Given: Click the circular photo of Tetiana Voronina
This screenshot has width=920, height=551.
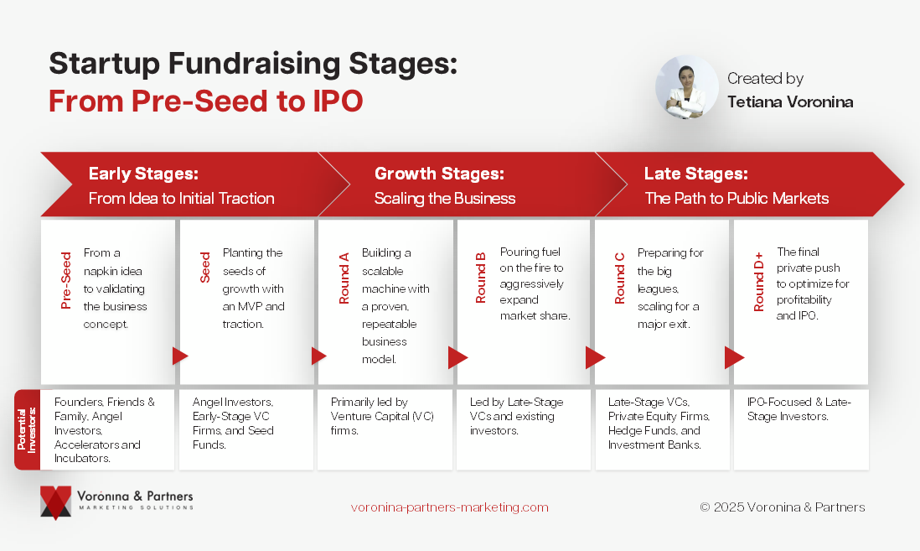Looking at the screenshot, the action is pos(686,87).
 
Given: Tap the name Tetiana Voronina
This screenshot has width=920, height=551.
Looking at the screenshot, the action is pos(790,102).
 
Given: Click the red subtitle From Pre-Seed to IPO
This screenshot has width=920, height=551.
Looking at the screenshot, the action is pos(206,101).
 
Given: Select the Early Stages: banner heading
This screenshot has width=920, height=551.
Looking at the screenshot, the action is pos(143,174).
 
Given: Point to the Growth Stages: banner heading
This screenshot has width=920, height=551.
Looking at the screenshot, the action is pos(439,174).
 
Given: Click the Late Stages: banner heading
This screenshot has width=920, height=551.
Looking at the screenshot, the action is pos(696,174).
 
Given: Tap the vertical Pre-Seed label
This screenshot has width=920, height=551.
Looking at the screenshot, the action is pos(65,281).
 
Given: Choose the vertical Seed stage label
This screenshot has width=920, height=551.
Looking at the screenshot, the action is pos(204,268).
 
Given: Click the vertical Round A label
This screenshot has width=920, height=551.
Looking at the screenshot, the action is pos(344,278).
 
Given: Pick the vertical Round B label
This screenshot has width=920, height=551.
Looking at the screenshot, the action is pos(481,278).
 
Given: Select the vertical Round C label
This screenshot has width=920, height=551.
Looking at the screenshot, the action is pos(619,278).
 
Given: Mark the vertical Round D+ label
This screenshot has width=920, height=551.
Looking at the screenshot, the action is pos(758,282).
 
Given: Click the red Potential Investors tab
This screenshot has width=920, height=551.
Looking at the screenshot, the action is pos(27,429).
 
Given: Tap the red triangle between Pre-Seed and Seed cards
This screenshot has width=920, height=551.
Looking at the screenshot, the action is pos(179,356).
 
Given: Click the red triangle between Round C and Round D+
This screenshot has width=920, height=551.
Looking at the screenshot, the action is pos(733,357).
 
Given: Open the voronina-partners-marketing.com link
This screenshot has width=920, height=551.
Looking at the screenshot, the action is pos(449,507).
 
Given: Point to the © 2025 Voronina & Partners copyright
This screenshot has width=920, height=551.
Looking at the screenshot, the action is pos(782,507).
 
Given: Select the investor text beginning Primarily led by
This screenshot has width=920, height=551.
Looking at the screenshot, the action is pos(382,417).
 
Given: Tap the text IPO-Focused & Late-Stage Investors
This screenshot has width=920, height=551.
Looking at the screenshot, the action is pos(799,409).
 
